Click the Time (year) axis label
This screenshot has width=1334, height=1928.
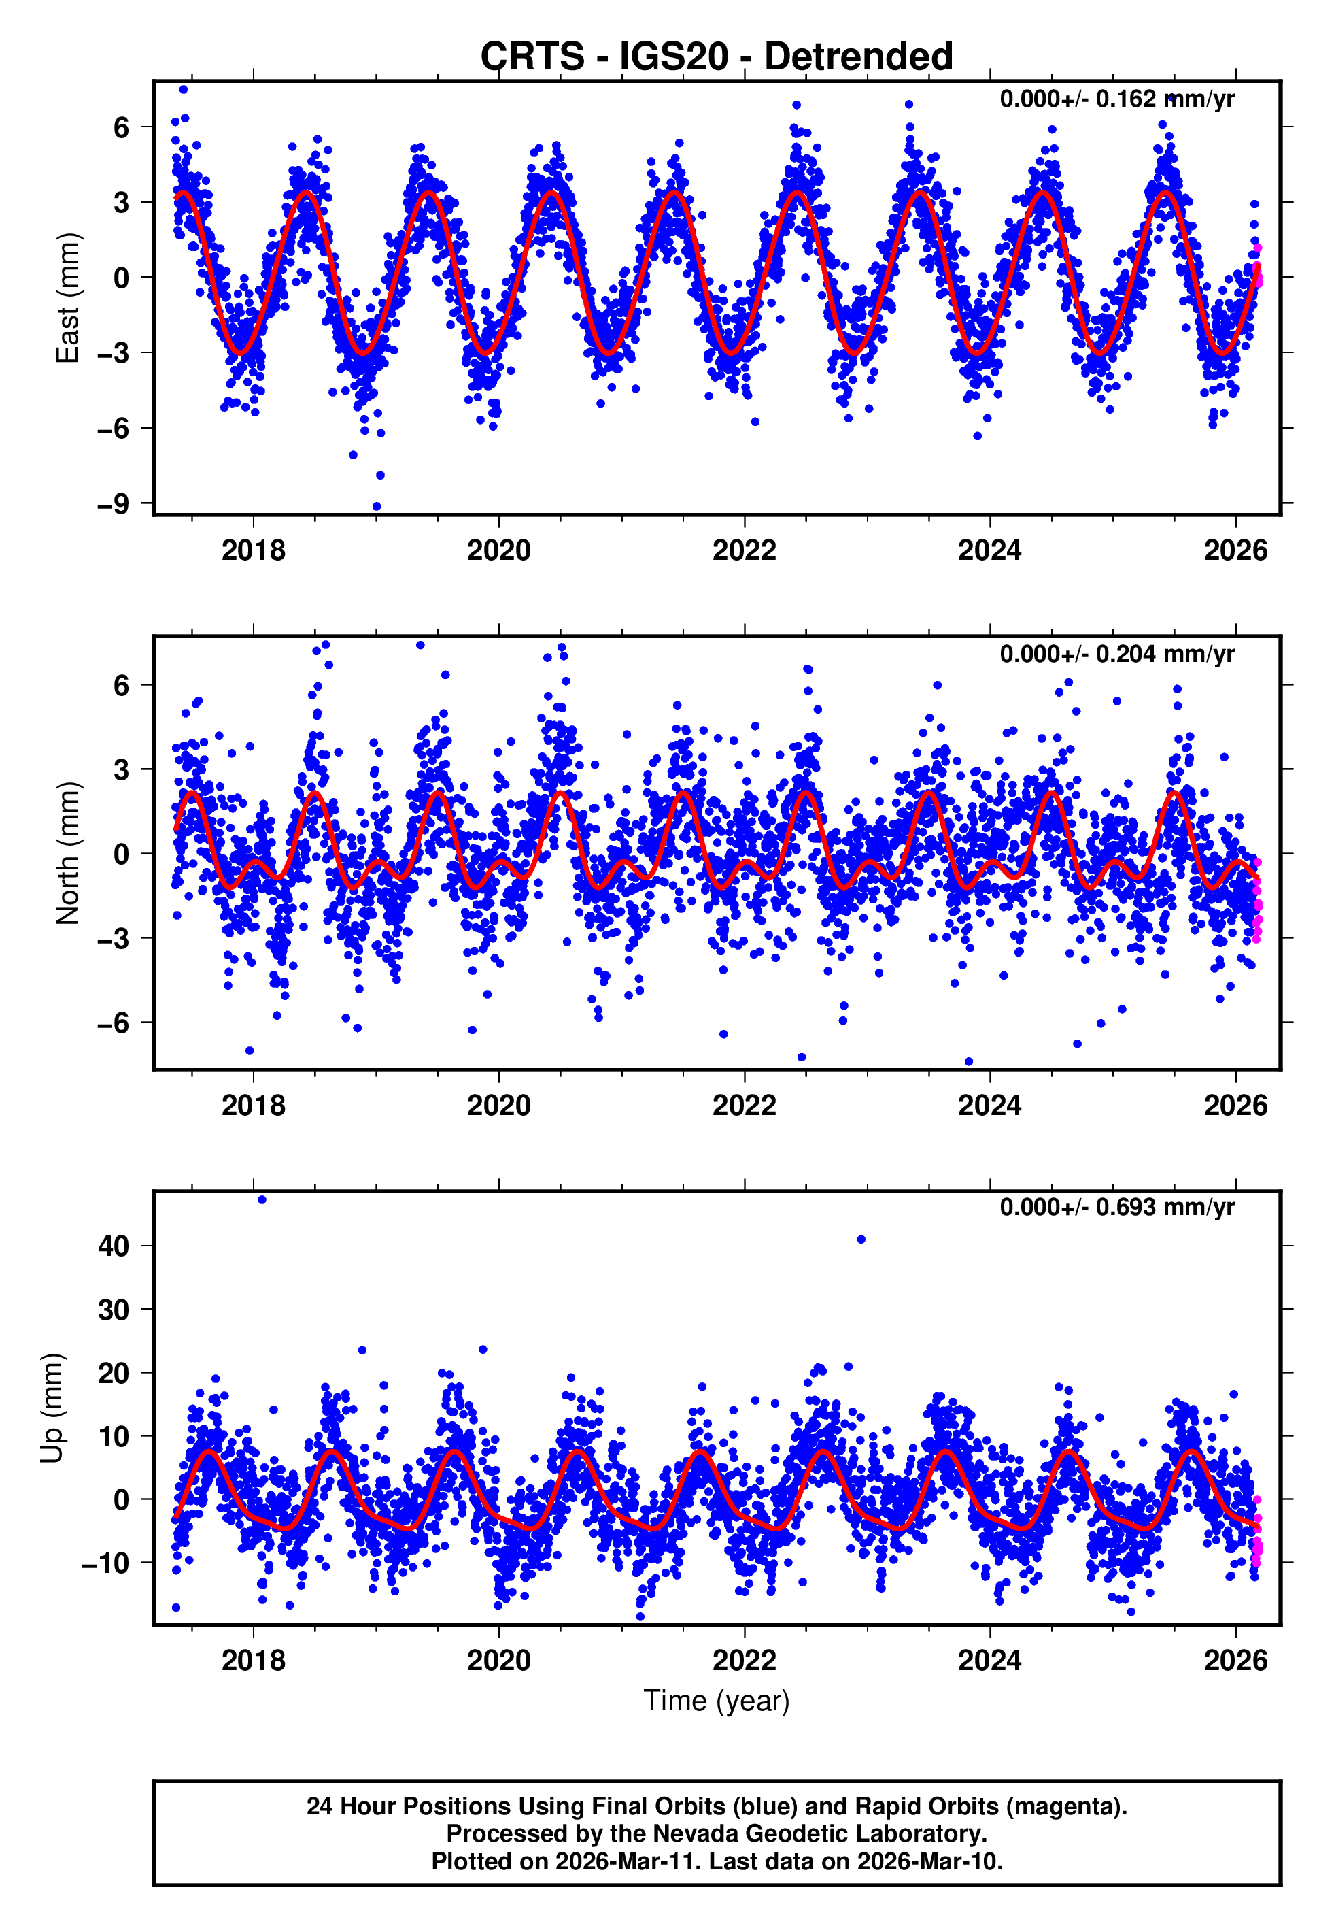click(717, 1701)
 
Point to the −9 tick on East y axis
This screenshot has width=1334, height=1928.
click(113, 504)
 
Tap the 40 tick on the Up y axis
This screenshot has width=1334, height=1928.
click(114, 1246)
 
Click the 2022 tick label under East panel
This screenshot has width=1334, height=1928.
click(744, 551)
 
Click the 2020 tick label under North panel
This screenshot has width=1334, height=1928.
click(499, 1106)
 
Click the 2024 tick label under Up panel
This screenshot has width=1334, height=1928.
click(990, 1661)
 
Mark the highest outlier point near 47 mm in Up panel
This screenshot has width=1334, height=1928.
click(262, 1200)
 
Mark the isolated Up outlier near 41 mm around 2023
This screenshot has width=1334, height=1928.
click(861, 1240)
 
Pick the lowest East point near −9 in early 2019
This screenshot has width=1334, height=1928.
click(377, 507)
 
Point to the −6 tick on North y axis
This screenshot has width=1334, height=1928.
click(113, 1023)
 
